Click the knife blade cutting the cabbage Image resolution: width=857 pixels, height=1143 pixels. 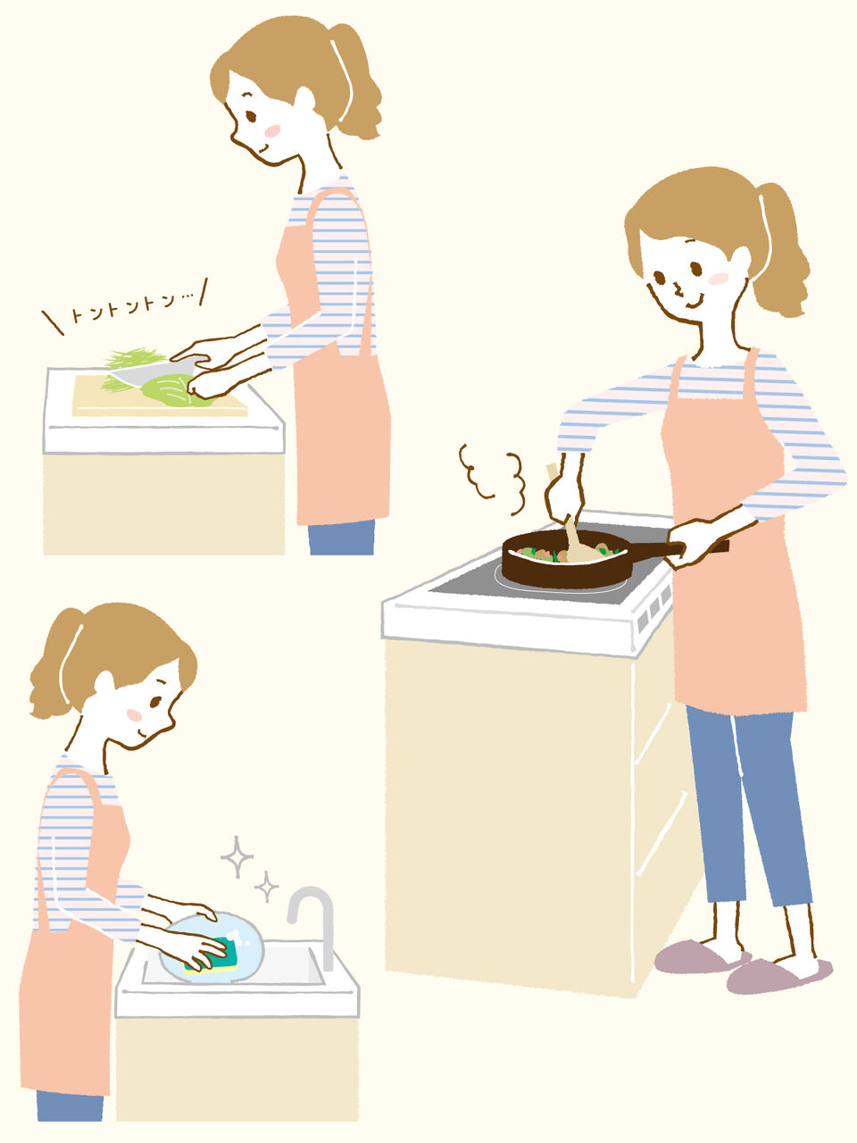151,371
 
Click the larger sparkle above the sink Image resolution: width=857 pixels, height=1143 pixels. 237,856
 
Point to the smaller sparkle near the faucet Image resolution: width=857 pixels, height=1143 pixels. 266,887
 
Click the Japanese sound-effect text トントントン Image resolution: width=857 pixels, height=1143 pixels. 131,307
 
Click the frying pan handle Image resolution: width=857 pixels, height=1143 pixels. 671,547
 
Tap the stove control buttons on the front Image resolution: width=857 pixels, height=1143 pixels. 654,608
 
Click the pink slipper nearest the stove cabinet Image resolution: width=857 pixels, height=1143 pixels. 702,956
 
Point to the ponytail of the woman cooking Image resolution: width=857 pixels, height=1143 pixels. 782,250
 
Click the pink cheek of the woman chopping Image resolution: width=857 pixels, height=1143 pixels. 272,130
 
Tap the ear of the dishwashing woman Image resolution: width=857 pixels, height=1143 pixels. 105,684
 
